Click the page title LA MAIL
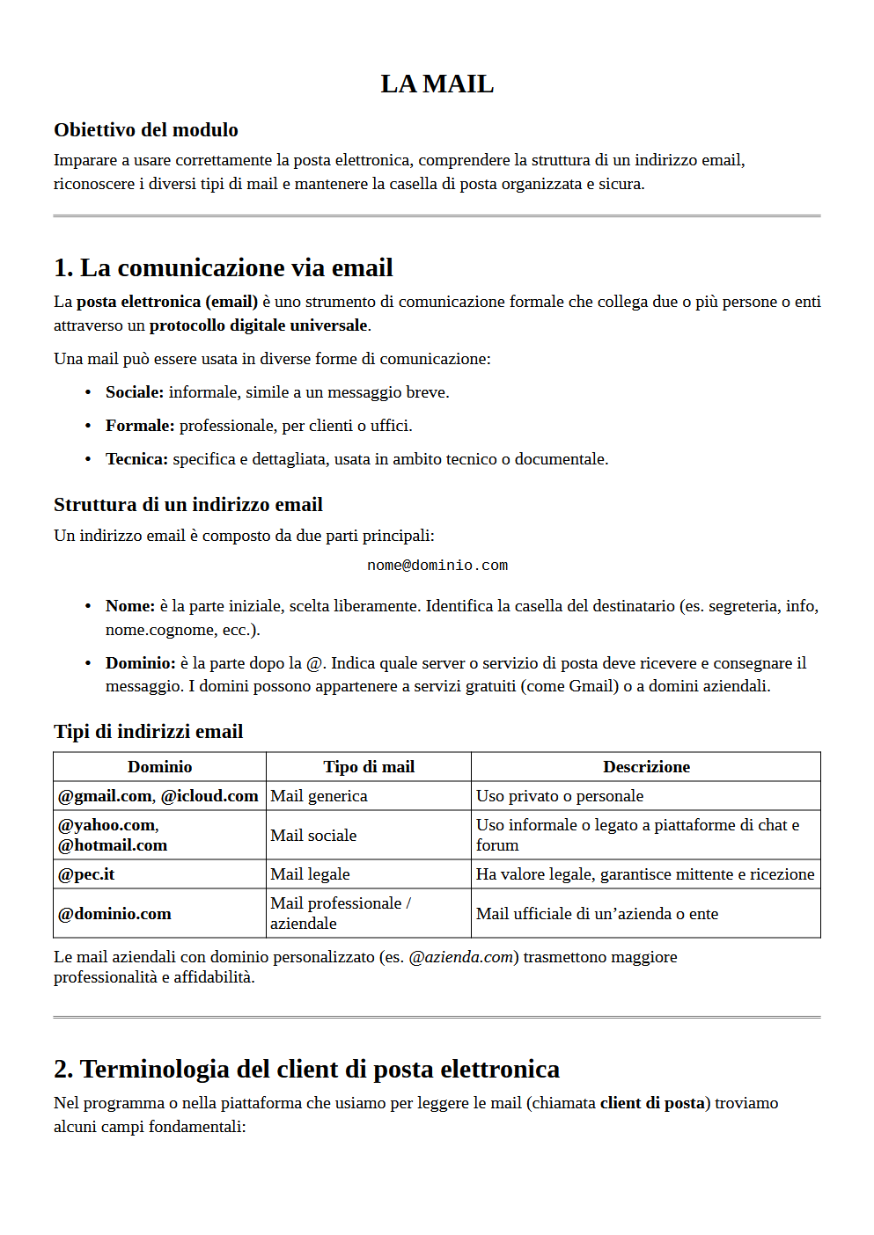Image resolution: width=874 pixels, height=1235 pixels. pyautogui.click(x=437, y=84)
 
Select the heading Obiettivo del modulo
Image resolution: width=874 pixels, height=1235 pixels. pyautogui.click(x=146, y=130)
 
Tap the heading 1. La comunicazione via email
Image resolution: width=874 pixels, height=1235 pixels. pyautogui.click(x=224, y=267)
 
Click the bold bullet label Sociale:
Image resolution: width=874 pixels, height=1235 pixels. pyautogui.click(x=135, y=392)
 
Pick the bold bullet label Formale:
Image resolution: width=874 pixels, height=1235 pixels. pyautogui.click(x=140, y=426)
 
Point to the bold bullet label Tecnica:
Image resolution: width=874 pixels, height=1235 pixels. pyautogui.click(x=136, y=459)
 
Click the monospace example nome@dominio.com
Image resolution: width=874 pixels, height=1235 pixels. pyautogui.click(x=437, y=566)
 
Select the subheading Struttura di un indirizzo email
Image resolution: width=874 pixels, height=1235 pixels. pyautogui.click(x=188, y=505)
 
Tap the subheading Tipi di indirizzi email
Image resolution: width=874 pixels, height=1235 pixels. pyautogui.click(x=149, y=732)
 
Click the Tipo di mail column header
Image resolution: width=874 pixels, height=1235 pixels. pyautogui.click(x=369, y=767)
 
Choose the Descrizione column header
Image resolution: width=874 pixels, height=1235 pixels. pyautogui.click(x=646, y=767)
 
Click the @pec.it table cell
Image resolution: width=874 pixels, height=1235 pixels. pyautogui.click(x=86, y=874)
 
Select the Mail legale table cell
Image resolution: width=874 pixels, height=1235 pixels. pyautogui.click(x=311, y=874)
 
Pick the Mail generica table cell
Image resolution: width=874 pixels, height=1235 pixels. pyautogui.click(x=319, y=796)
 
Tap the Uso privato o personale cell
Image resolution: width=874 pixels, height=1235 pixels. pyautogui.click(x=560, y=796)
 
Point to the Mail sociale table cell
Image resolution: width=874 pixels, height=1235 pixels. pyautogui.click(x=313, y=836)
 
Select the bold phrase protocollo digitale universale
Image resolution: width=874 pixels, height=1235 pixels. pyautogui.click(x=259, y=325)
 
